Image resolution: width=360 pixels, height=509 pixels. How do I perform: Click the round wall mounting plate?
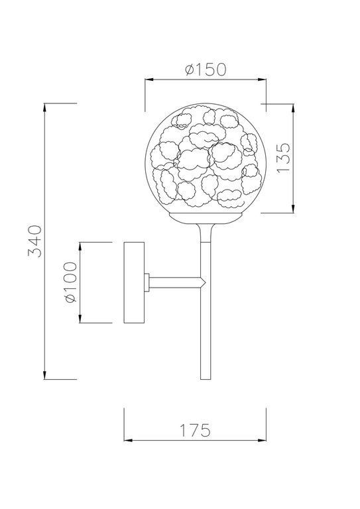pos(135,282)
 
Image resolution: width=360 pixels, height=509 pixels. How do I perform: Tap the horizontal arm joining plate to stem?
pos(174,282)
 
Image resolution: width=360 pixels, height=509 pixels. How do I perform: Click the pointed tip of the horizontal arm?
pos(204,282)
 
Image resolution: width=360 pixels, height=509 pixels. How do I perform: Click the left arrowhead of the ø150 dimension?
pos(149,80)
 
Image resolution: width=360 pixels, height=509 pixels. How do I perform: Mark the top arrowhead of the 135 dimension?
pos(293,107)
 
